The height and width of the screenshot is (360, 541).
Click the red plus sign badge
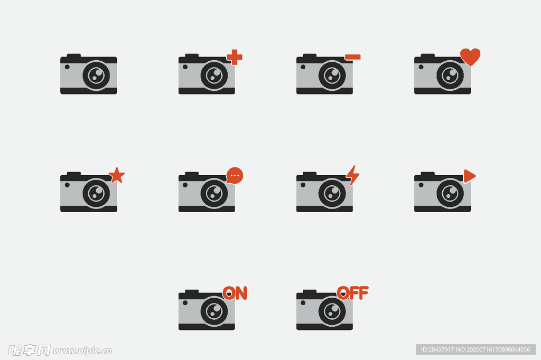pyautogui.click(x=235, y=57)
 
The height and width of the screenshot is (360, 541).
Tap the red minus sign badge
pyautogui.click(x=352, y=57)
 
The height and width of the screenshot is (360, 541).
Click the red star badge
pyautogui.click(x=117, y=175)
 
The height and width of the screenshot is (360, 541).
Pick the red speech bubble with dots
pyautogui.click(x=235, y=176)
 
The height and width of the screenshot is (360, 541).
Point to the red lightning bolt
pyautogui.click(x=352, y=175)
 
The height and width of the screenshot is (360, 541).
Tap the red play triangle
pyautogui.click(x=469, y=176)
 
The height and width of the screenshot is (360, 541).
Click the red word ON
pyautogui.click(x=235, y=293)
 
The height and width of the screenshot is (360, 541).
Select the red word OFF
pyautogui.click(x=352, y=293)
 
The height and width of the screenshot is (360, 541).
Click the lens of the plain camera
pyautogui.click(x=96, y=75)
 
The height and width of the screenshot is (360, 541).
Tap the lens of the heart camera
pyautogui.click(x=450, y=75)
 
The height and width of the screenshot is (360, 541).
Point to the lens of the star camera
pyautogui.click(x=96, y=193)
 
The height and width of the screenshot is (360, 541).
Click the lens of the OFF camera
pyautogui.click(x=332, y=311)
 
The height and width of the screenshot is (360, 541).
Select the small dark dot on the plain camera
pyautogui.click(x=67, y=67)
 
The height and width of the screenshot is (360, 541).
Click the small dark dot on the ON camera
pyautogui.click(x=185, y=303)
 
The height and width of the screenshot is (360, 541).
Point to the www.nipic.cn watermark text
pyautogui.click(x=82, y=351)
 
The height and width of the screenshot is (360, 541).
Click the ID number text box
pyautogui.click(x=475, y=349)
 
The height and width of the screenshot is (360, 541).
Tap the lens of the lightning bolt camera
pyautogui.click(x=332, y=193)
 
